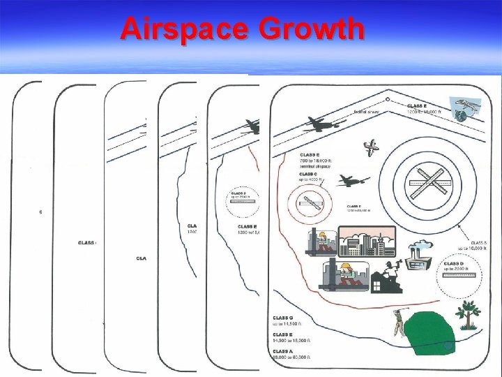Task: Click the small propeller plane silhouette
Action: (x=372, y=147)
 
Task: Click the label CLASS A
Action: (x=283, y=351)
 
